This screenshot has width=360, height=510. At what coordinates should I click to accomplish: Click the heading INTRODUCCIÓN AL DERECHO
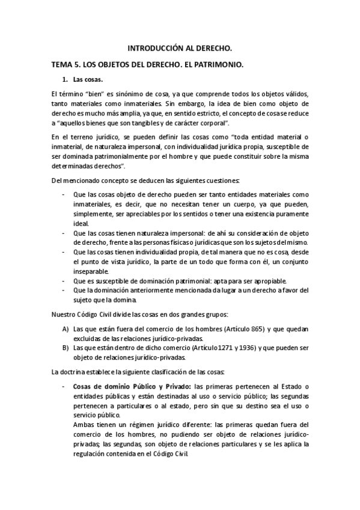pyautogui.click(x=180, y=47)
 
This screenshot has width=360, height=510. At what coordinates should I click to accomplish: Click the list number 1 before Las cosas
pyautogui.click(x=65, y=79)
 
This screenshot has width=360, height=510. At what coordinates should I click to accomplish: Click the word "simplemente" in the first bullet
pyautogui.click(x=94, y=213)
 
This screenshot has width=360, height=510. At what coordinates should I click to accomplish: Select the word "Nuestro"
pyautogui.click(x=65, y=314)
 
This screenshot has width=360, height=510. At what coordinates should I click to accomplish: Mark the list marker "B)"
pyautogui.click(x=65, y=348)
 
